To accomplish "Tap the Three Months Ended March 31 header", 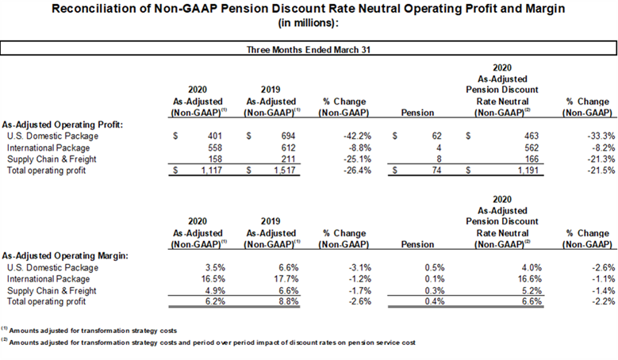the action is click(x=309, y=50).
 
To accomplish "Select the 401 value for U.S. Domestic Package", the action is click(x=215, y=136).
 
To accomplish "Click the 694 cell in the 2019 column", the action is click(x=288, y=136).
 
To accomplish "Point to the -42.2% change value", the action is click(x=357, y=136).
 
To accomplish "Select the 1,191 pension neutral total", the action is click(x=528, y=170).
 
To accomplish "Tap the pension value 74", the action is click(x=436, y=170).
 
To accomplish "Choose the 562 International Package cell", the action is click(x=532, y=147).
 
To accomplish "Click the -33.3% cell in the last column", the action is click(x=601, y=136).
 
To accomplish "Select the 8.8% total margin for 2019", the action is click(x=289, y=301).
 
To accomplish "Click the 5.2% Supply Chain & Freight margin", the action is click(x=532, y=291).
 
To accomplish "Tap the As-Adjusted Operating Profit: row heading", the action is click(x=62, y=124).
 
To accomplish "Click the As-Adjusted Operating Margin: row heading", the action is click(x=65, y=256).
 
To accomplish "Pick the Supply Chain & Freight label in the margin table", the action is click(x=52, y=291).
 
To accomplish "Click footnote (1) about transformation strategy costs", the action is click(x=89, y=330).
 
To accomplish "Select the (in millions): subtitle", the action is click(x=309, y=23).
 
